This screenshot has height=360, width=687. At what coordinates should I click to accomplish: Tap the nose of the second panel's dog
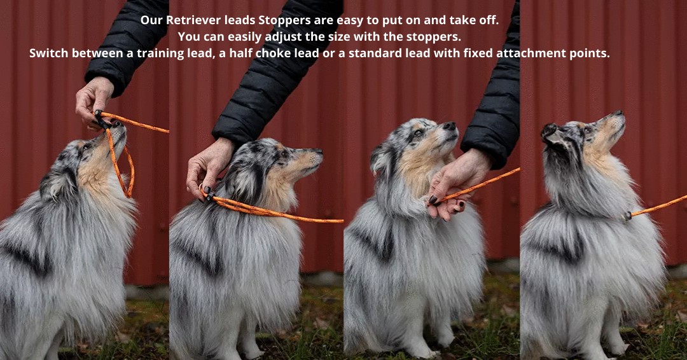pos(319,151)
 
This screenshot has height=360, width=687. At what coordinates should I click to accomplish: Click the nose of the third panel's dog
pos(450,126)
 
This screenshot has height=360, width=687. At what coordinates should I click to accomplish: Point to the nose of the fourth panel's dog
pos(619,113)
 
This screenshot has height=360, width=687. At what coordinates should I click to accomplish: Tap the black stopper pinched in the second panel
pos(209,197)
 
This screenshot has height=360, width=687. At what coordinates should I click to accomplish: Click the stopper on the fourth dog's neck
pos(628,216)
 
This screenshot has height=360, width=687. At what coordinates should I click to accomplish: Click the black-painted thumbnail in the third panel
pos(433,199)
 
